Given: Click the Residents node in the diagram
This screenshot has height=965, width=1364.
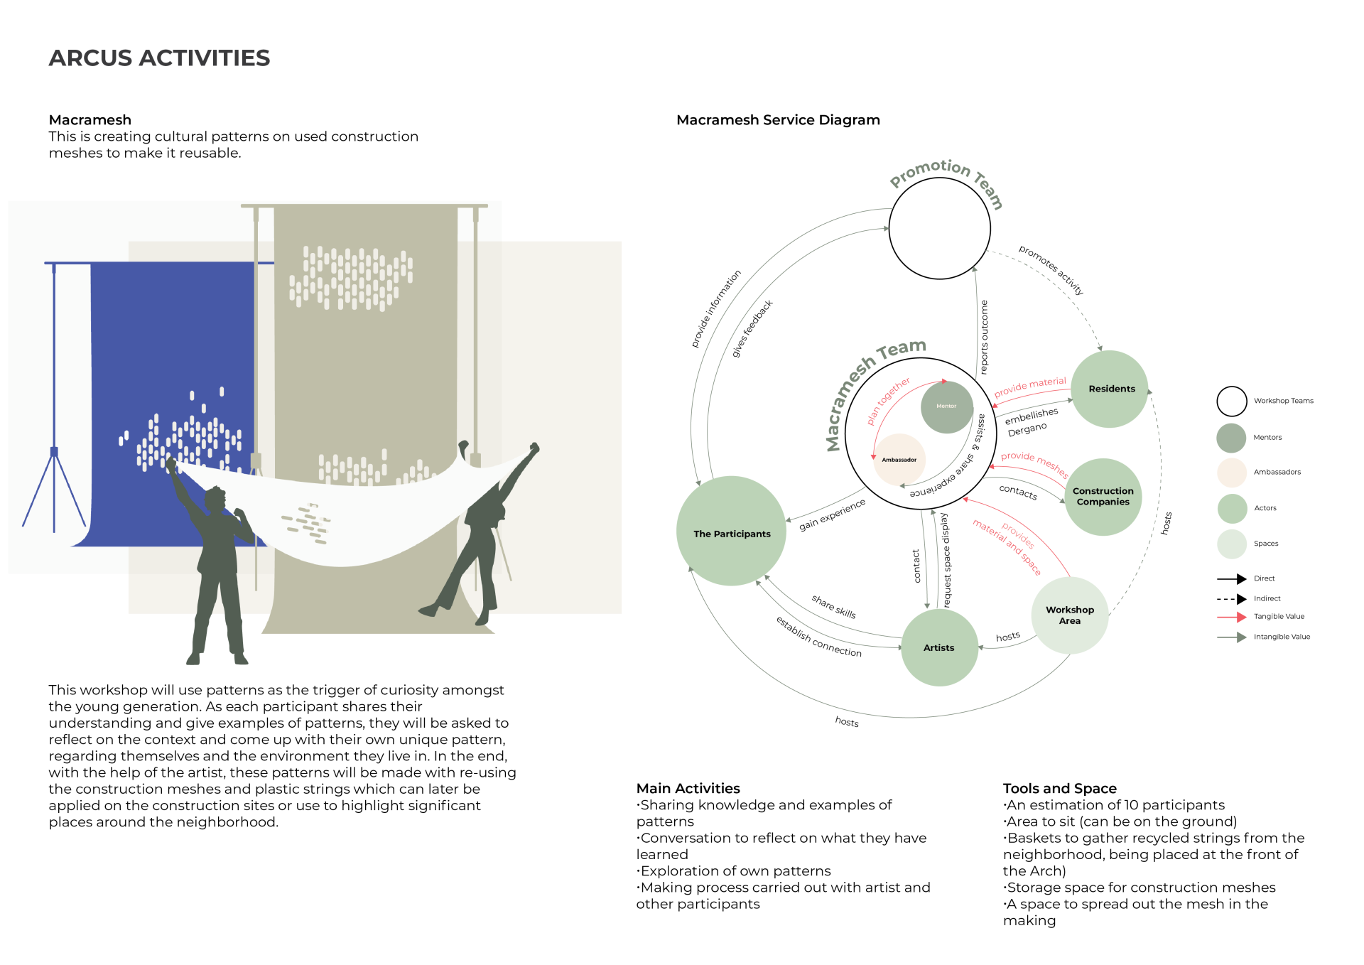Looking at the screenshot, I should click(x=1109, y=389).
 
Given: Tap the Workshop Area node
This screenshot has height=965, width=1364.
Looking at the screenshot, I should click(x=1069, y=615).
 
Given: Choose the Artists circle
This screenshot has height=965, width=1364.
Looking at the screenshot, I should click(x=938, y=647).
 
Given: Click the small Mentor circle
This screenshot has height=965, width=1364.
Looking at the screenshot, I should click(x=946, y=406).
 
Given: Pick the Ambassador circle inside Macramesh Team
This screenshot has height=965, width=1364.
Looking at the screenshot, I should click(x=899, y=460).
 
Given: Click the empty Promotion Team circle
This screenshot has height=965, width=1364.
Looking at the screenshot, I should click(x=939, y=228).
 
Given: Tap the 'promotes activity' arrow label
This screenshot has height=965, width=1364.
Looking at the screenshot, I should click(x=1051, y=270).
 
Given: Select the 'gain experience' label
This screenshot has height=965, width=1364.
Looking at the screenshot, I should click(x=832, y=514).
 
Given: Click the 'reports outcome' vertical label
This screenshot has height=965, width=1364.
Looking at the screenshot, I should click(x=984, y=337).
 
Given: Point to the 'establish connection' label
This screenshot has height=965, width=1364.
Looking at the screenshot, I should click(x=818, y=637).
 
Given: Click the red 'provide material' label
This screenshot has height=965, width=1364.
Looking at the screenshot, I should click(x=1029, y=387).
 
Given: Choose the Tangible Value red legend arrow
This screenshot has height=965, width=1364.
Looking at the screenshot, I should click(x=1232, y=617).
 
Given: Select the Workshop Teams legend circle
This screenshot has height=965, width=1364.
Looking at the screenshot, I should click(x=1231, y=401).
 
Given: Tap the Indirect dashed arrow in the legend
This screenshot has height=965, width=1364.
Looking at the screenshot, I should click(x=1232, y=598).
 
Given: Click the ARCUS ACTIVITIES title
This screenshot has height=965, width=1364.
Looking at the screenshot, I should click(x=159, y=58).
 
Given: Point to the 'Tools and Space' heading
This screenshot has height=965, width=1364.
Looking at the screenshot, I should click(x=1059, y=788).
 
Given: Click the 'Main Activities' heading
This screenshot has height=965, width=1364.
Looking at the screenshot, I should click(x=688, y=788).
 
